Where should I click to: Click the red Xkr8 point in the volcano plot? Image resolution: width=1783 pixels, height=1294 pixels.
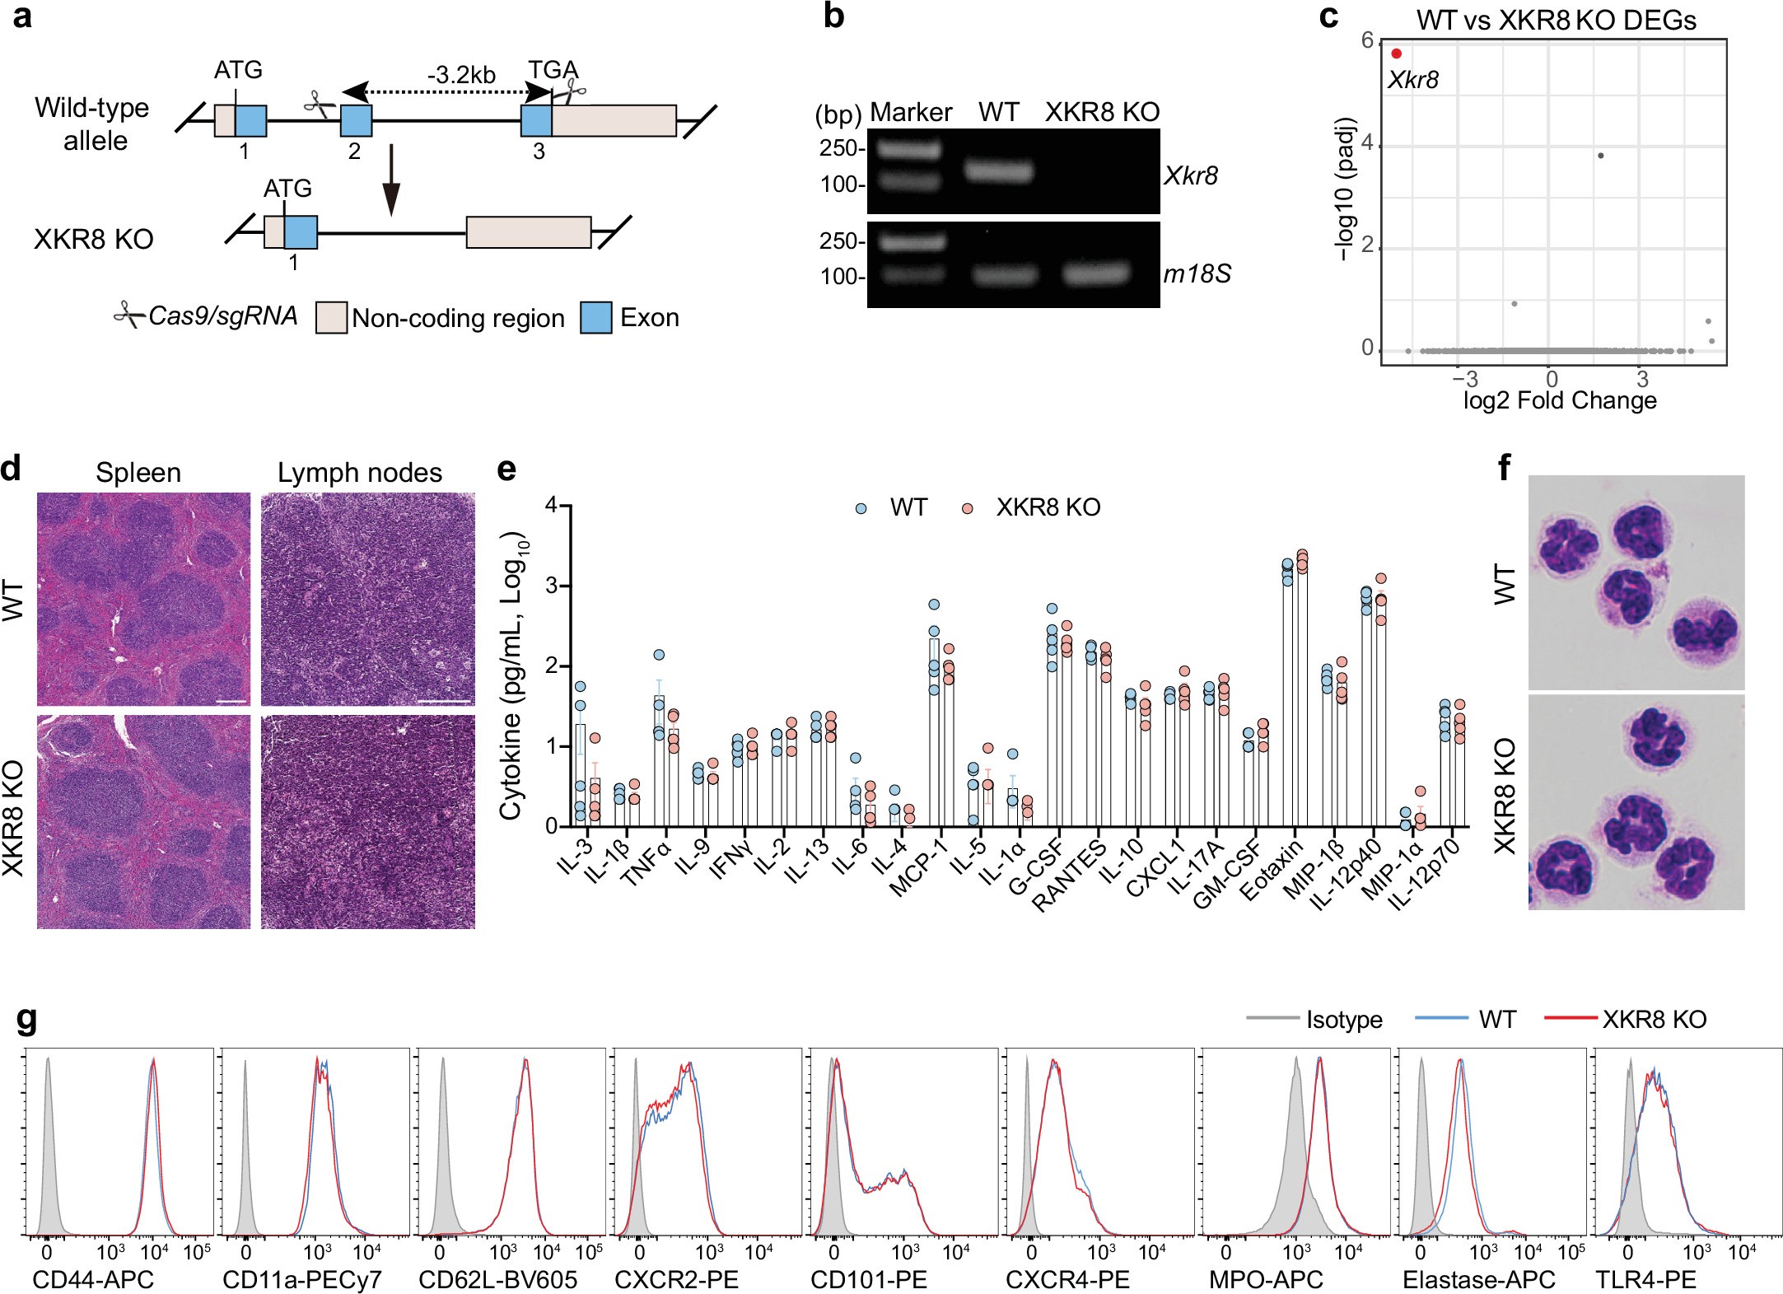(1396, 54)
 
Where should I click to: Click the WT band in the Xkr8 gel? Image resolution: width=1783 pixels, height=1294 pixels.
(999, 171)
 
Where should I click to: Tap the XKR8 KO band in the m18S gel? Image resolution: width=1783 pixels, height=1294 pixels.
(1095, 273)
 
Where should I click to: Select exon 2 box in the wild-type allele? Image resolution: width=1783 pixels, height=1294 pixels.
(356, 120)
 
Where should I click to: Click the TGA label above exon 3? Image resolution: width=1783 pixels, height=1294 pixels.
(553, 71)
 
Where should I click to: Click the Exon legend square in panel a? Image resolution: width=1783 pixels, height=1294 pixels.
(595, 318)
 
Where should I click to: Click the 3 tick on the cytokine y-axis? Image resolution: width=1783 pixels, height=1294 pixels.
(551, 586)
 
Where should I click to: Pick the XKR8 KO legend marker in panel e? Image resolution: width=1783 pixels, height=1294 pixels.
(968, 508)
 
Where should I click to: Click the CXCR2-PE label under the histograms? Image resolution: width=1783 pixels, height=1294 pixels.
(676, 1279)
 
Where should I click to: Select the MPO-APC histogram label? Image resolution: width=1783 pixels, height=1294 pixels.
(1266, 1279)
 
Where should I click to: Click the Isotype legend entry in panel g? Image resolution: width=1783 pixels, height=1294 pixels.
(1343, 1020)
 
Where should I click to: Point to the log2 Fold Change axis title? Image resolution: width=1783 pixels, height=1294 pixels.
(1559, 400)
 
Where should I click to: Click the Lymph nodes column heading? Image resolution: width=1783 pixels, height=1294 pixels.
(359, 473)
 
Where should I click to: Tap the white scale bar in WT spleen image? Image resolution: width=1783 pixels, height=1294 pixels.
(233, 702)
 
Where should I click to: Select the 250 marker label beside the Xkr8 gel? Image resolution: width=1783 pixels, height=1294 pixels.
(838, 148)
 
